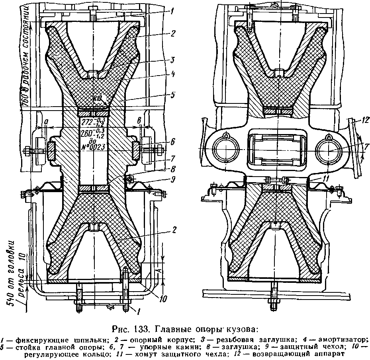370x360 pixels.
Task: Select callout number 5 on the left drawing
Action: (x=172, y=95)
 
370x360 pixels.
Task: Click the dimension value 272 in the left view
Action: (x=87, y=121)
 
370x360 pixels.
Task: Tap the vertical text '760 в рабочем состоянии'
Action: (x=27, y=56)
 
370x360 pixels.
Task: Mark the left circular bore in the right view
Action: (x=225, y=151)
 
